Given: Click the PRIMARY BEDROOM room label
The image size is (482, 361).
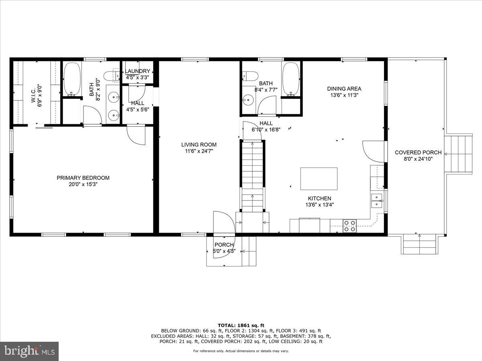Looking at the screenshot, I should tap(83, 178).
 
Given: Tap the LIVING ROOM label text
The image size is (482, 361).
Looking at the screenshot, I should tap(198, 145).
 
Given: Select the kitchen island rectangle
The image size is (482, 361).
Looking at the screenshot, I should tap(319, 179).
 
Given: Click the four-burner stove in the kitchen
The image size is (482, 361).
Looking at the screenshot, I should tap(349, 226).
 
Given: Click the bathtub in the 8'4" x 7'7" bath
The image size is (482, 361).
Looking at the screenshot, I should tap(291, 79).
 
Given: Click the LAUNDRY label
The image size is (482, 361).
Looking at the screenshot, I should tap(137, 71).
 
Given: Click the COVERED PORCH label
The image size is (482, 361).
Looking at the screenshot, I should tap(418, 152).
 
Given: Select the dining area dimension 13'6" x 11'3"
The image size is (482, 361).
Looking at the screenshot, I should tap(344, 95).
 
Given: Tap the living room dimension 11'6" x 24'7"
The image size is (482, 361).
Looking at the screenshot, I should tap(198, 151).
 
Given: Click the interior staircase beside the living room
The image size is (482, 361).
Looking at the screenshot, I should tap(252, 176).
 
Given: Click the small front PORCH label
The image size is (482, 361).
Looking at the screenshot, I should tap(224, 245).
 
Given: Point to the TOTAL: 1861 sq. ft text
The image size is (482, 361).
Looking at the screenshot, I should tap(241, 325).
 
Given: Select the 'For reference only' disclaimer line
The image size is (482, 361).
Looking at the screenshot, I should tap(241, 351).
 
